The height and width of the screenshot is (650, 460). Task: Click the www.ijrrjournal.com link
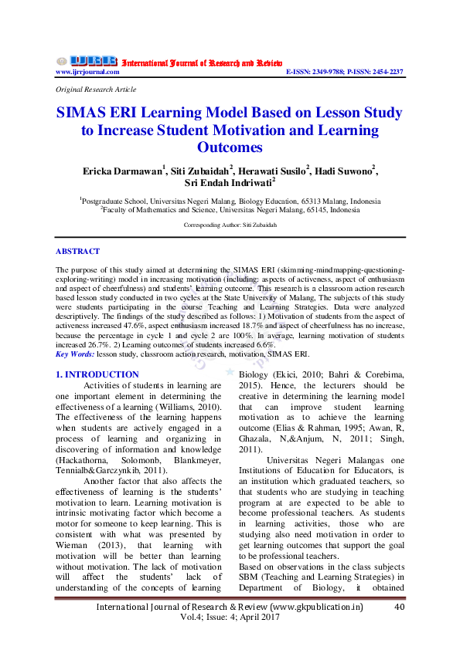[x=87, y=72]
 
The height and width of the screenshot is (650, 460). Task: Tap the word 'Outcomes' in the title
[x=230, y=147]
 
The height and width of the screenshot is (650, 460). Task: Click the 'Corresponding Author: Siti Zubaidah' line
[x=230, y=225]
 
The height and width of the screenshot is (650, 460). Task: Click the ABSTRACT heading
[x=77, y=252]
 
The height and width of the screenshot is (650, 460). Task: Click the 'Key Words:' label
[x=75, y=354]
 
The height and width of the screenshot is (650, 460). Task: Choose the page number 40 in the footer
[x=400, y=608]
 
